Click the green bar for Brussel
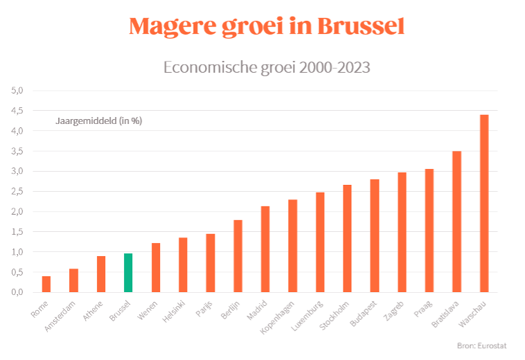click(128, 273)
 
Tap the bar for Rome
click(46, 284)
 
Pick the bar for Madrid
click(265, 249)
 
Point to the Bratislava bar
click(457, 221)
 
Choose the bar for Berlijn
click(238, 255)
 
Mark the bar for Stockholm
click(347, 238)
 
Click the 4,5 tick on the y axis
click(17, 111)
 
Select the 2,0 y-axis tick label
click(17, 212)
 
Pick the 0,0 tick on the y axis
click(17, 292)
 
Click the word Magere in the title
click(172, 26)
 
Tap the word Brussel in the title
click(361, 26)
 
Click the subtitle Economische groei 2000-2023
click(267, 67)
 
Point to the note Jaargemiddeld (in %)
click(98, 121)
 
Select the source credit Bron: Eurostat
click(482, 344)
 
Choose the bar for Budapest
click(375, 235)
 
